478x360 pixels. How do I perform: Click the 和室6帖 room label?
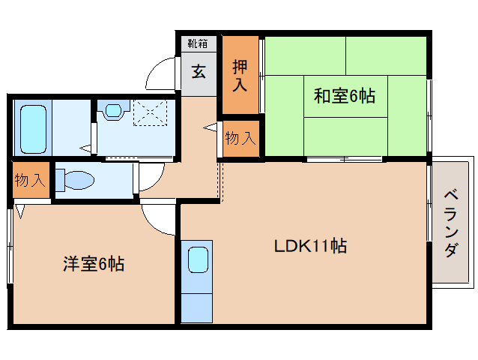click(344, 96)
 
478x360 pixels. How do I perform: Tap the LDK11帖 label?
click(309, 246)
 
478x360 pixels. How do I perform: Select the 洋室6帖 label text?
click(93, 263)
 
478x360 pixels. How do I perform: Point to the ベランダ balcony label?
click(451, 223)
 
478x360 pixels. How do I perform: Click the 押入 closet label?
click(239, 74)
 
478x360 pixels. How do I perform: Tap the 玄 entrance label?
click(199, 72)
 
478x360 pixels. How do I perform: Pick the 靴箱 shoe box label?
click(199, 44)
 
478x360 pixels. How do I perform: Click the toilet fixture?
click(75, 181)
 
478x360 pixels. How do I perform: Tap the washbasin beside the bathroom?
click(112, 110)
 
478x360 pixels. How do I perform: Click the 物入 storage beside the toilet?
click(31, 180)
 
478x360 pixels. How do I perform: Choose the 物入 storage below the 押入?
click(240, 139)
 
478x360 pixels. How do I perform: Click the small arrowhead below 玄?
click(208, 130)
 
